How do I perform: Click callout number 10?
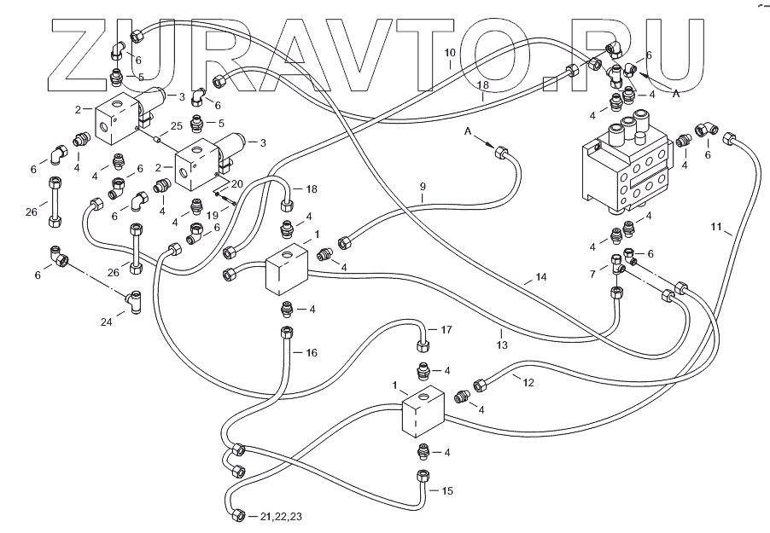[450, 53]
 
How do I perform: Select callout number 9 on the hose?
[422, 186]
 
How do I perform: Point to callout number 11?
[718, 227]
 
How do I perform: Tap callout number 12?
[528, 383]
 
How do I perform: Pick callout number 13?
[502, 345]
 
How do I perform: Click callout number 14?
[540, 278]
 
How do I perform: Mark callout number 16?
[311, 352]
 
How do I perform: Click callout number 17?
[446, 329]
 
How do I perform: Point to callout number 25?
[176, 125]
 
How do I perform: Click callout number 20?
[236, 184]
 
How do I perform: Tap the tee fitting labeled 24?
[134, 298]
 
